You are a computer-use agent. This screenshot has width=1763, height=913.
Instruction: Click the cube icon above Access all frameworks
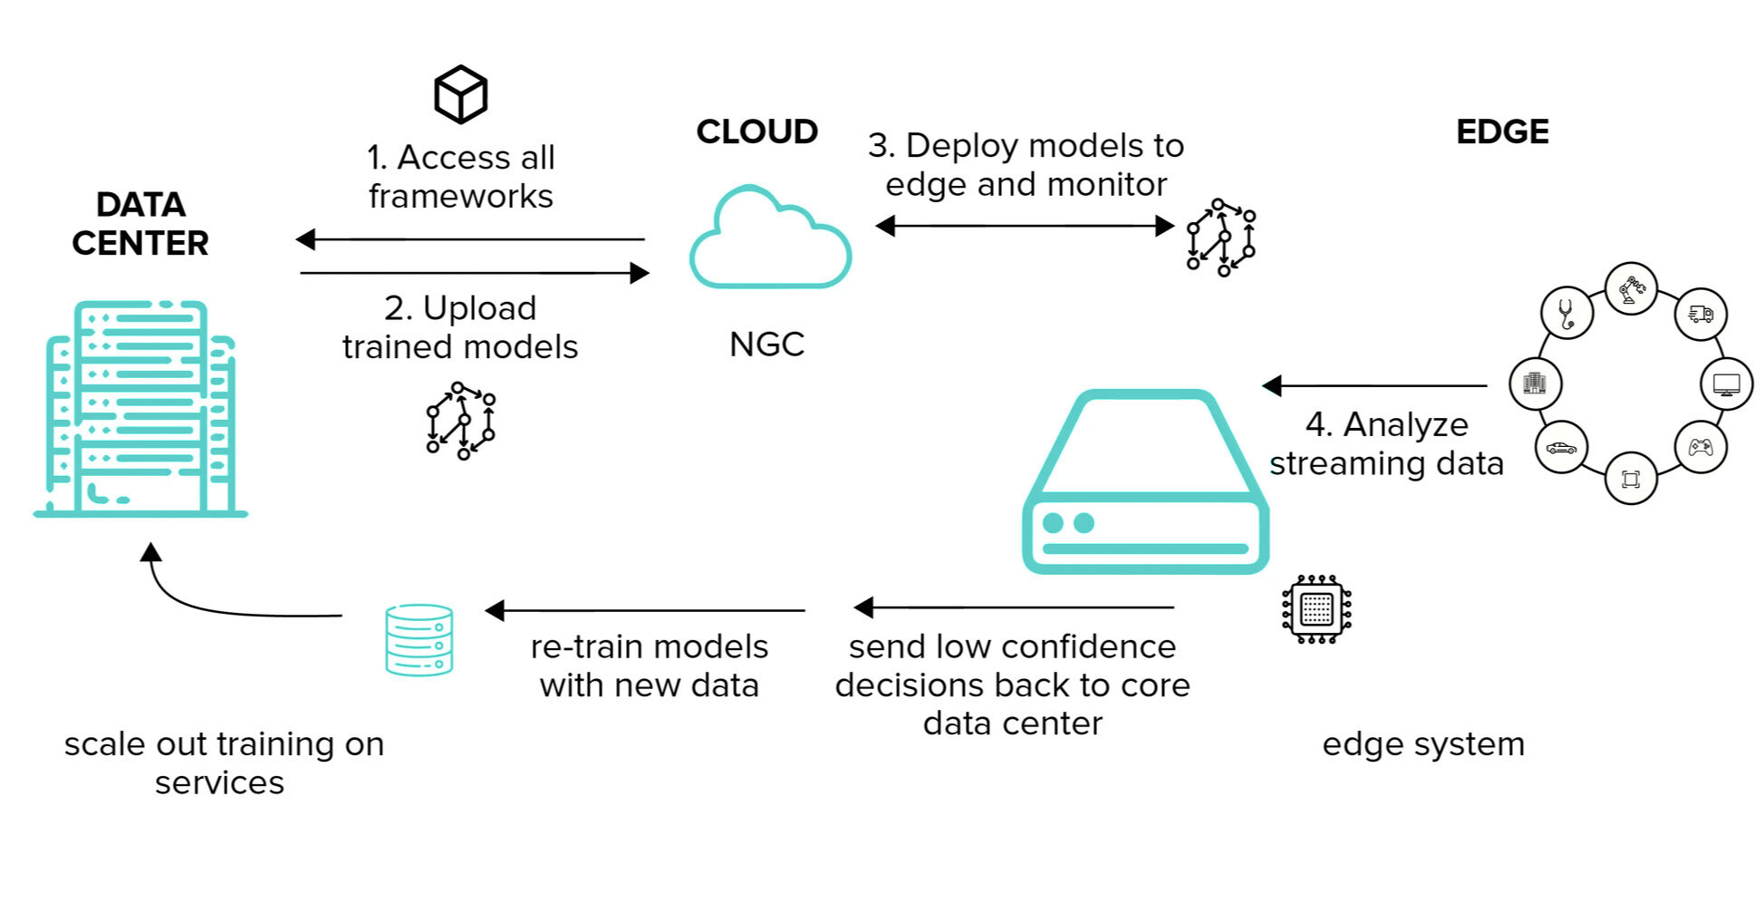(460, 94)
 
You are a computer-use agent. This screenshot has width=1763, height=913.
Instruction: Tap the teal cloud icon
(769, 239)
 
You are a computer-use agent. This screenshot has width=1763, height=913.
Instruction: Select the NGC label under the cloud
(766, 345)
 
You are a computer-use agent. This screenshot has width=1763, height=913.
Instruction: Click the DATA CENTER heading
(140, 224)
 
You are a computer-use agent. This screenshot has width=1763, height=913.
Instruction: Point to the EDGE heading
(1502, 132)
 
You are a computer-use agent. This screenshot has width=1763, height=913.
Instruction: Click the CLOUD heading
(756, 132)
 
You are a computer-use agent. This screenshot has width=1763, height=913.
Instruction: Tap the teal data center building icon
(140, 408)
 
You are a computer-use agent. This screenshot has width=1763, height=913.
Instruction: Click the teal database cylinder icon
(419, 640)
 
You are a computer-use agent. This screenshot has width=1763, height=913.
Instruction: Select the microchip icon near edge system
(1316, 609)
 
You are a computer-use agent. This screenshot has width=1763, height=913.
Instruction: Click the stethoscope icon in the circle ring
(1566, 313)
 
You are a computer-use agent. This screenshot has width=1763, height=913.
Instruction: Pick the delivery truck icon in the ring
(1700, 314)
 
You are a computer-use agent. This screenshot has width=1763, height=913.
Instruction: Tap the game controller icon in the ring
(1700, 447)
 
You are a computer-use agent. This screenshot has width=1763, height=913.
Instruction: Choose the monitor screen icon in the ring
(1727, 384)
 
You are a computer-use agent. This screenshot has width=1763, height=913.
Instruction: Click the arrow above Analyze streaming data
(1374, 386)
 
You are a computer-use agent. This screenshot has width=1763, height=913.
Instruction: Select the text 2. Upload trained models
(460, 327)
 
